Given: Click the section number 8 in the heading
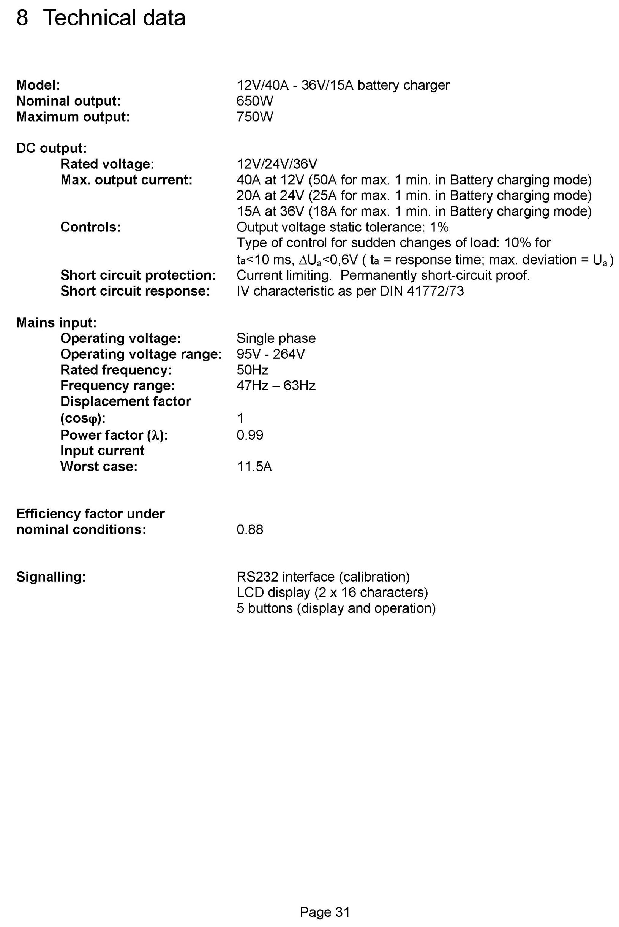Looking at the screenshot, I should tap(22, 18).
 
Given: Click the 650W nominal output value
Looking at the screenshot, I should tap(255, 101).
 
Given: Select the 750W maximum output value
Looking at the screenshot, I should tap(255, 117).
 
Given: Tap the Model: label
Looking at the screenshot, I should tap(38, 86).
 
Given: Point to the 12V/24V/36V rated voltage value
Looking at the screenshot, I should tap(277, 164).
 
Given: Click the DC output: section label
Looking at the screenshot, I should tap(51, 148).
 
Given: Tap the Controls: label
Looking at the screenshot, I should tap(90, 227).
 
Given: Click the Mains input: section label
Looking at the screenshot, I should tap(57, 323).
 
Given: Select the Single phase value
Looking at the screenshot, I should tap(276, 339).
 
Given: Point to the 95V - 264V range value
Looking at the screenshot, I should tap(270, 354).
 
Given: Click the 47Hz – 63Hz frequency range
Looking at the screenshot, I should tap(276, 386).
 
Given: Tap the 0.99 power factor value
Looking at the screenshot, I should tap(249, 435).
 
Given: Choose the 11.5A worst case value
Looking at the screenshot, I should tap(254, 467).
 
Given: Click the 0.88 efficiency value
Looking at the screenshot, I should tap(249, 529).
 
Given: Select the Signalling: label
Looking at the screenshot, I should tap(51, 577).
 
